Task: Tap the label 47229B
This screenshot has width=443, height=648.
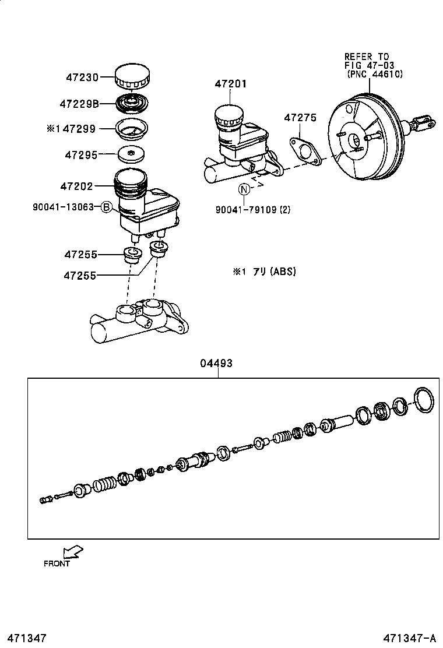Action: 79,104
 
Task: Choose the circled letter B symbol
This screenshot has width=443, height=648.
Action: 106,207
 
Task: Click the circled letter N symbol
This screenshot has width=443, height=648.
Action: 244,189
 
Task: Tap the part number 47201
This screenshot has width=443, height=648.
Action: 230,84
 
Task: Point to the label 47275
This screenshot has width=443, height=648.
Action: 300,118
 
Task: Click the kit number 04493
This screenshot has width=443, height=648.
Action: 216,363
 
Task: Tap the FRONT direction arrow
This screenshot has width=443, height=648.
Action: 73,551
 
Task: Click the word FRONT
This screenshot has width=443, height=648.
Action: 57,564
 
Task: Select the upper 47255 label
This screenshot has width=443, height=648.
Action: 81,255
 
